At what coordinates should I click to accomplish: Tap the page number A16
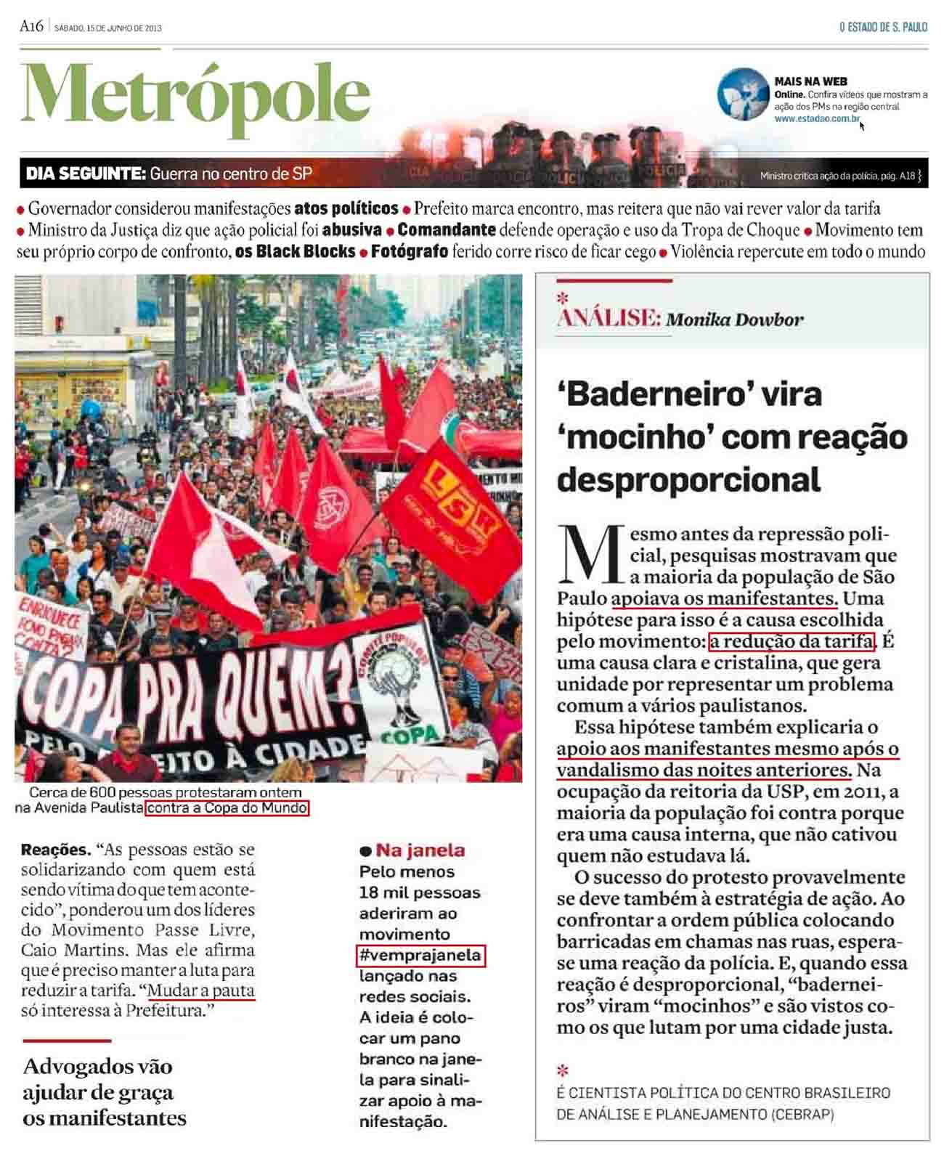tap(32, 28)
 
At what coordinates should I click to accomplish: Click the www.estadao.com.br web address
tap(817, 118)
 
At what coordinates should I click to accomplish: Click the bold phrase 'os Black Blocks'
tap(296, 252)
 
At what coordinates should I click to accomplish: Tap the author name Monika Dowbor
tap(735, 320)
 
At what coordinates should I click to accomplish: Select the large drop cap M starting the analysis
tap(590, 556)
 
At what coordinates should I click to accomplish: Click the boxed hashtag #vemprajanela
tap(421, 955)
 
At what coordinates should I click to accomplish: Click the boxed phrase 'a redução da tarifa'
tap(791, 641)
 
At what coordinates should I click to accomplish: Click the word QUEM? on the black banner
tap(282, 690)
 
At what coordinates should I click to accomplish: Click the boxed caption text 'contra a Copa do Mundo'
tap(227, 808)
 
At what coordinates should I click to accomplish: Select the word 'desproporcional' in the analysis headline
tap(688, 480)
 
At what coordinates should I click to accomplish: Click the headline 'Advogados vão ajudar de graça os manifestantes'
tap(104, 1092)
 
